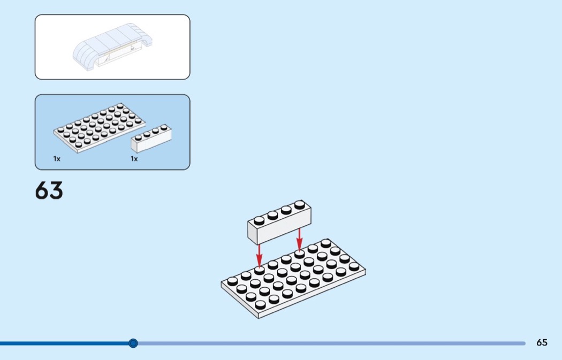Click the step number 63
(49, 190)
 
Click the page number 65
(542, 343)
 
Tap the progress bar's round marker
(133, 343)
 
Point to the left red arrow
(259, 255)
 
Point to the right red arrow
(299, 239)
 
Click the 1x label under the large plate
(57, 159)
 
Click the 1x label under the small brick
(134, 159)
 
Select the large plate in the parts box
(99, 128)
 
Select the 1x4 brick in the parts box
(151, 139)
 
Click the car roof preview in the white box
(112, 47)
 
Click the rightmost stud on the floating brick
(300, 205)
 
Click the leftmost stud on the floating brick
(259, 221)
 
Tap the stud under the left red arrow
(259, 271)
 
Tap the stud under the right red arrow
(300, 254)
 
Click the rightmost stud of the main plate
(354, 266)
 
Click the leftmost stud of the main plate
(233, 281)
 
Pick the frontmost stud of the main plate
(261, 305)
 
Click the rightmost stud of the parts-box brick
(164, 127)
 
